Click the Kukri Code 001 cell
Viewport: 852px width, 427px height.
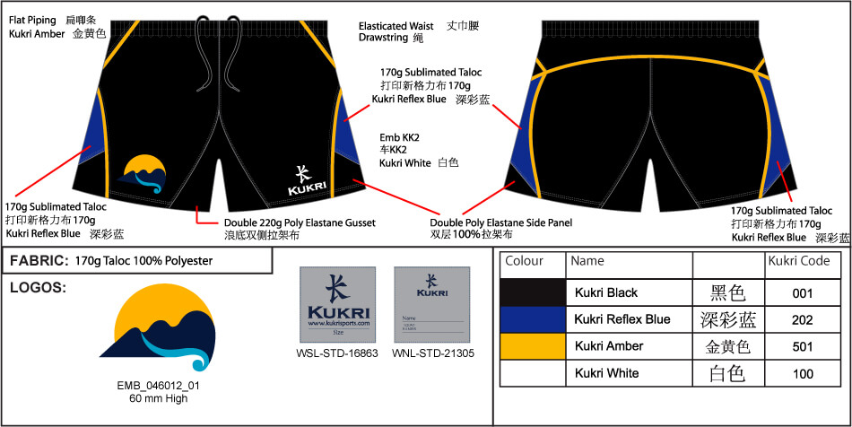802,292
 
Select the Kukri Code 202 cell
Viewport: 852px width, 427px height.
802,318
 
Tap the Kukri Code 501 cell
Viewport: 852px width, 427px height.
802,345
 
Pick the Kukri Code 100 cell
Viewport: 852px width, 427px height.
802,372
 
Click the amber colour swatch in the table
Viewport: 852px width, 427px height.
533,345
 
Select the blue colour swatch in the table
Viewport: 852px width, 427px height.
533,318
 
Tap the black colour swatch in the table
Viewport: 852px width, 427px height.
533,292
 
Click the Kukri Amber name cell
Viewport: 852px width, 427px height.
618,345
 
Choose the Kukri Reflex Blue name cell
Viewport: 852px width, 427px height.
622,318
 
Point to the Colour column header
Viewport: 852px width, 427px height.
525,262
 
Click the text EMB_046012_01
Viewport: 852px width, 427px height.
158,386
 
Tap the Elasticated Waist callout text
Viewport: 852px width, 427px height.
396,26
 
